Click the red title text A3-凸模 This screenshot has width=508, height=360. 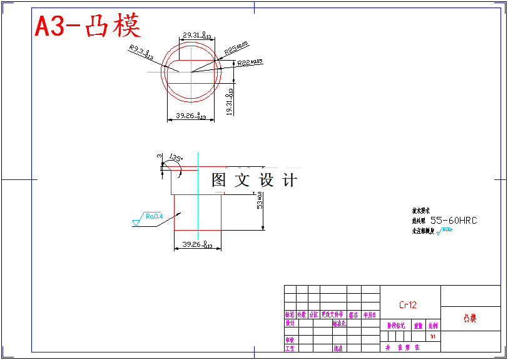pyautogui.click(x=88, y=26)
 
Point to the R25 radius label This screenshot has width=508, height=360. pyautogui.click(x=236, y=48)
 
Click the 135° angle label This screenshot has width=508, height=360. pyautogui.click(x=176, y=159)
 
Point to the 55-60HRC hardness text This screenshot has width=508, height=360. pyautogui.click(x=454, y=220)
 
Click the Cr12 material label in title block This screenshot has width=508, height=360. pyautogui.click(x=408, y=305)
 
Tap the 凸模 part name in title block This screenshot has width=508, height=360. pyautogui.click(x=470, y=319)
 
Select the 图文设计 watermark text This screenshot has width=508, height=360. pyautogui.click(x=254, y=180)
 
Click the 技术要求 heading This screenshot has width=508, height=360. pyautogui.click(x=420, y=211)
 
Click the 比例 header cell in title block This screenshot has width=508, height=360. pyautogui.click(x=433, y=326)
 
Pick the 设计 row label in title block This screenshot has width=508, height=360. pyautogui.click(x=290, y=324)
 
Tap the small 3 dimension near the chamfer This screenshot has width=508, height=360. pyautogui.click(x=160, y=156)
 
